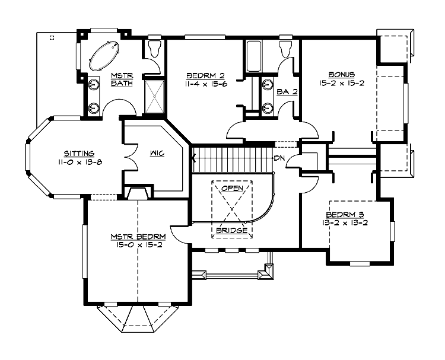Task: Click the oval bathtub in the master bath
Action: click(x=104, y=56)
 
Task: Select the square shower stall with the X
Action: click(x=155, y=97)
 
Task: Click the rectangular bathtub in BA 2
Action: click(x=253, y=56)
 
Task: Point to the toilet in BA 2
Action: click(x=285, y=49)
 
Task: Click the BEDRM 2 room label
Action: click(x=205, y=76)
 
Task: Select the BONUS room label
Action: click(x=342, y=75)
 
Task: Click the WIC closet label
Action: click(x=157, y=154)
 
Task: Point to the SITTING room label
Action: click(x=79, y=154)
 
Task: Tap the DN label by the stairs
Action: click(x=279, y=158)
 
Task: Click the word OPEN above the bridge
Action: click(x=232, y=189)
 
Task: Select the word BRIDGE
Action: click(x=232, y=230)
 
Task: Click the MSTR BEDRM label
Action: click(x=138, y=237)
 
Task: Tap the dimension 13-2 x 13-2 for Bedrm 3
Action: click(x=345, y=223)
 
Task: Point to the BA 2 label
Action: click(x=287, y=92)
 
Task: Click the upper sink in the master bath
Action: click(x=94, y=85)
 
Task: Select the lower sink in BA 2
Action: click(x=267, y=108)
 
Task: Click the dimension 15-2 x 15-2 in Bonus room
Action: click(x=342, y=83)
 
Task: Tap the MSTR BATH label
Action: click(x=122, y=79)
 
